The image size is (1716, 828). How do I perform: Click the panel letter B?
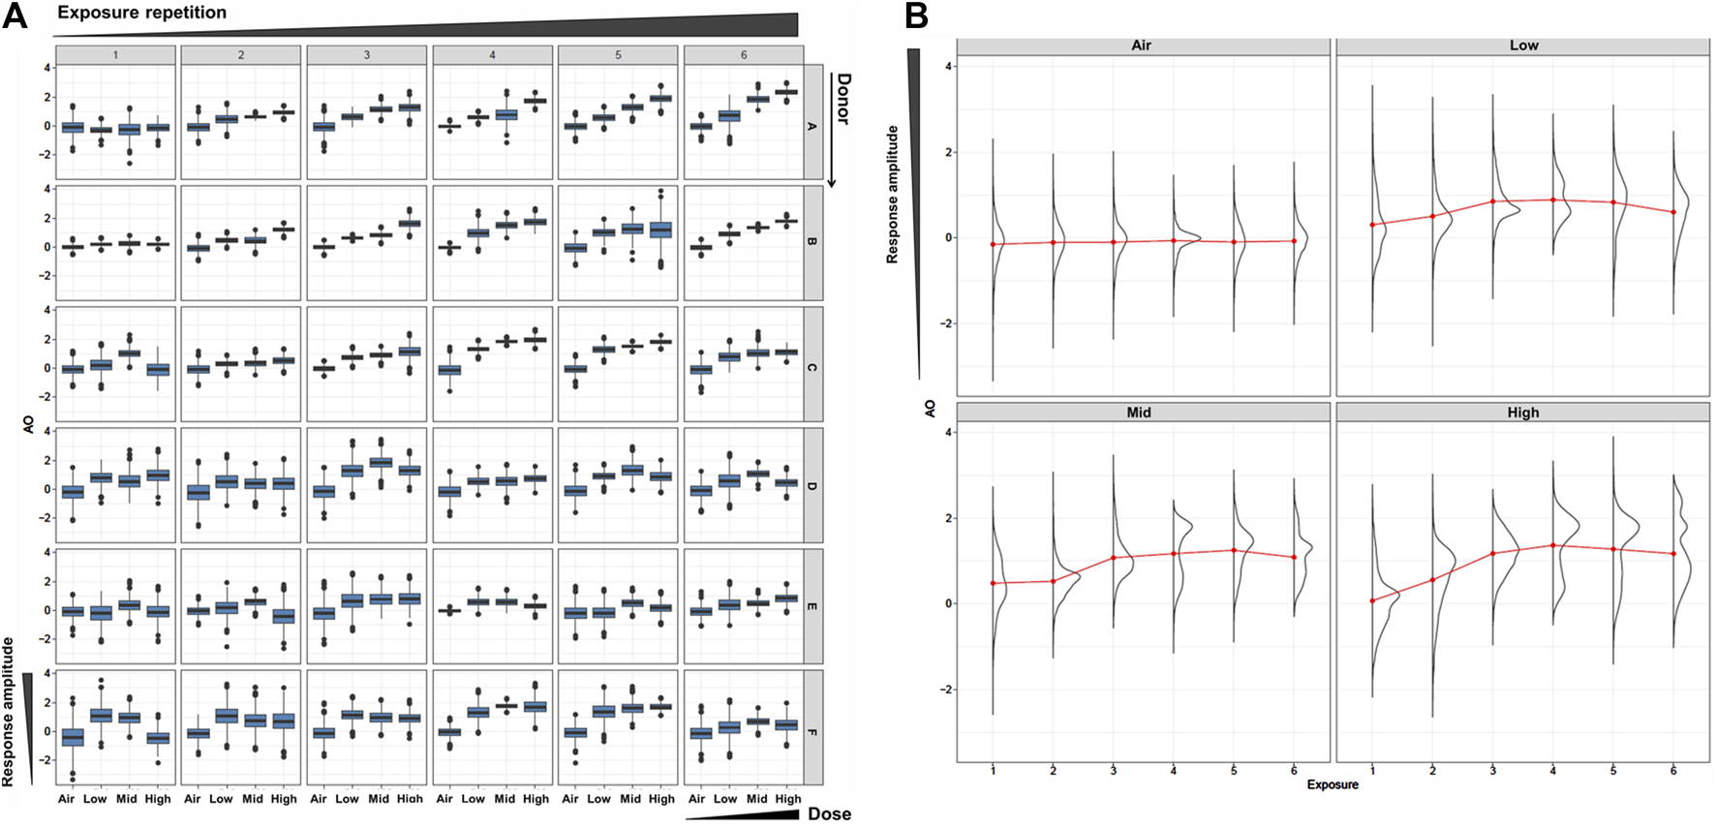916,16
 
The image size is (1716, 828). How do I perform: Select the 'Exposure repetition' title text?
141,13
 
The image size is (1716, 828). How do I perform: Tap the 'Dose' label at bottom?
829,813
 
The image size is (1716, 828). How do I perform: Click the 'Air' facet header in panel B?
1141,46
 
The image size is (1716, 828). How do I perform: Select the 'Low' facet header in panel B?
1523,46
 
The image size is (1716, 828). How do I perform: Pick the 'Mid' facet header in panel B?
1139,413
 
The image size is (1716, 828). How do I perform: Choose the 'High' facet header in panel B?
1522,413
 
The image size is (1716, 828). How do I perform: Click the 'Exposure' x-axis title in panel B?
1332,784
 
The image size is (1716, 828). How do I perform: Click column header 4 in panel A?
492,55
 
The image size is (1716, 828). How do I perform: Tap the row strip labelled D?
812,485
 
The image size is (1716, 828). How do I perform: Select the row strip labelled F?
812,732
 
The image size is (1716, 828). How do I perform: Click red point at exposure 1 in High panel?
1372,600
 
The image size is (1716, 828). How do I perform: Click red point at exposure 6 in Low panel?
1673,212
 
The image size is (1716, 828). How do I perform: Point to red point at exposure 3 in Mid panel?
1114,558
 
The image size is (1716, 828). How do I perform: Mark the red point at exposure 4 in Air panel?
1174,240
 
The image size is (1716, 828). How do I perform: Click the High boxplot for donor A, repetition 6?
787,92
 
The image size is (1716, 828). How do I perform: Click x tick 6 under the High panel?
1673,770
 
